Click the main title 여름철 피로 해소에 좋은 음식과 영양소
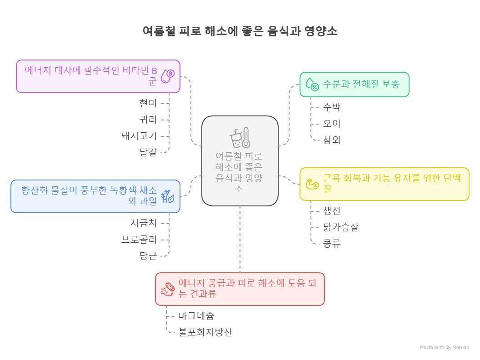(240, 31)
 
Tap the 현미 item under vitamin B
(148, 104)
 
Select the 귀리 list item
(148, 120)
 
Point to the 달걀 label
(148, 152)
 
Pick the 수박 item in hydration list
(331, 107)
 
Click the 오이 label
(331, 124)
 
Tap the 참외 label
(331, 140)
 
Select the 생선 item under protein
(331, 211)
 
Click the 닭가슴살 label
(340, 227)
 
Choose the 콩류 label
(331, 244)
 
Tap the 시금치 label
(144, 223)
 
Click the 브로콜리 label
(139, 240)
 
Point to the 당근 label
(148, 255)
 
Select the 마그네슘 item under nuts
(196, 315)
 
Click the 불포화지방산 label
(205, 332)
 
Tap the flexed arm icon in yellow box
(312, 184)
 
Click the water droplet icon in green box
(312, 84)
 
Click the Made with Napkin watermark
(444, 347)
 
